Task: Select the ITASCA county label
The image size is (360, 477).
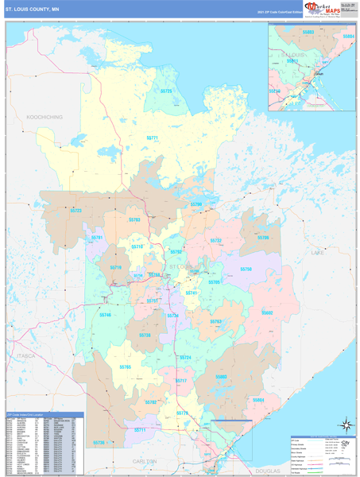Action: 26,356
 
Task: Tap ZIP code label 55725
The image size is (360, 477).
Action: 167,91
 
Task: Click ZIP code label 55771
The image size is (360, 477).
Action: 153,138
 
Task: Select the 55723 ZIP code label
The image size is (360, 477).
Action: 76,210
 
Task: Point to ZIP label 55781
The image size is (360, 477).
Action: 97,237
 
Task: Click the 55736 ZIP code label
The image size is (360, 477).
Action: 99,442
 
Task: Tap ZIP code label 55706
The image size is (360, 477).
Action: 263,238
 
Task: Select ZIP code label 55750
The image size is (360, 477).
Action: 246,270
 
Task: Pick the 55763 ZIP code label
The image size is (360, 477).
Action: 215,321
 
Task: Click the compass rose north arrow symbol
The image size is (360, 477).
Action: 344,426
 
